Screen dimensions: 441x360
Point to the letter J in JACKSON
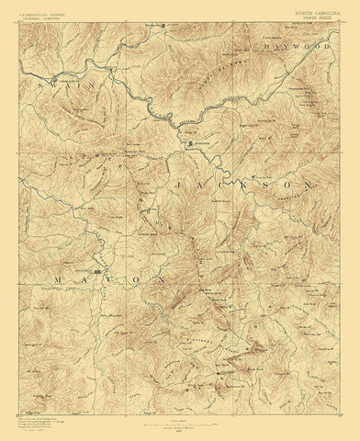[173, 187]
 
